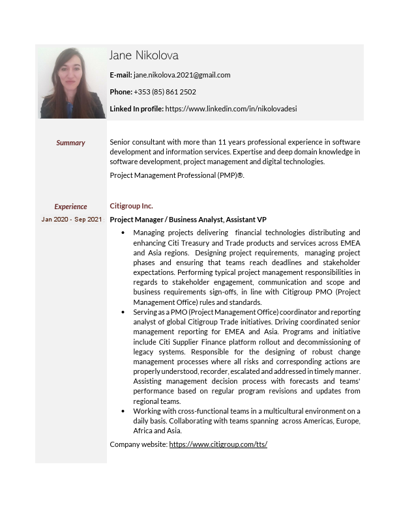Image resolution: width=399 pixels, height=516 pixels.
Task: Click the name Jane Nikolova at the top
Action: tap(144, 55)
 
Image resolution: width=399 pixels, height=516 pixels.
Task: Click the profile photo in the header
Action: tap(71, 83)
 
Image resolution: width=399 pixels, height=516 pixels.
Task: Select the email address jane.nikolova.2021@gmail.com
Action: tap(182, 75)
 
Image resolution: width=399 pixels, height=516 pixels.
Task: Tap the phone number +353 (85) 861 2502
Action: tap(165, 92)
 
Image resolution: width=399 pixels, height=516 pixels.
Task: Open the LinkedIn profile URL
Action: tap(231, 109)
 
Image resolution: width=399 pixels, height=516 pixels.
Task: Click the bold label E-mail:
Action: tap(121, 75)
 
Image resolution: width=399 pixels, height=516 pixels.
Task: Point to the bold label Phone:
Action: tap(121, 92)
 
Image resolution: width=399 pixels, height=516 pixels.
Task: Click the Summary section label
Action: tap(70, 143)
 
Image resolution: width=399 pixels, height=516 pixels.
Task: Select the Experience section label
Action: tap(70, 207)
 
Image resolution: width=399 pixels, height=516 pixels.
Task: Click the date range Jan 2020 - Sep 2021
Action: tap(72, 220)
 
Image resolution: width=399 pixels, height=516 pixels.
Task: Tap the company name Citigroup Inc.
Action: tap(131, 206)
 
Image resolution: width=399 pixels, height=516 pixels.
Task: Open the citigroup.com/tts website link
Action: tap(218, 444)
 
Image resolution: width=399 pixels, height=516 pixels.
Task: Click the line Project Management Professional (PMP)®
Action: tap(177, 175)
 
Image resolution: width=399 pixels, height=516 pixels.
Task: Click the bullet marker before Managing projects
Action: tap(124, 233)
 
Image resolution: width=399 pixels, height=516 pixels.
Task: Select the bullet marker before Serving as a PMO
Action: tap(124, 313)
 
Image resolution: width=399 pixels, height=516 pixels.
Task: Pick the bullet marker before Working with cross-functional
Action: tap(124, 412)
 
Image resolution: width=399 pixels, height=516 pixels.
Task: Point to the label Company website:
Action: tap(138, 444)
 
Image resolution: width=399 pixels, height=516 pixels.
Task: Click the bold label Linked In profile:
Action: tap(136, 109)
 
